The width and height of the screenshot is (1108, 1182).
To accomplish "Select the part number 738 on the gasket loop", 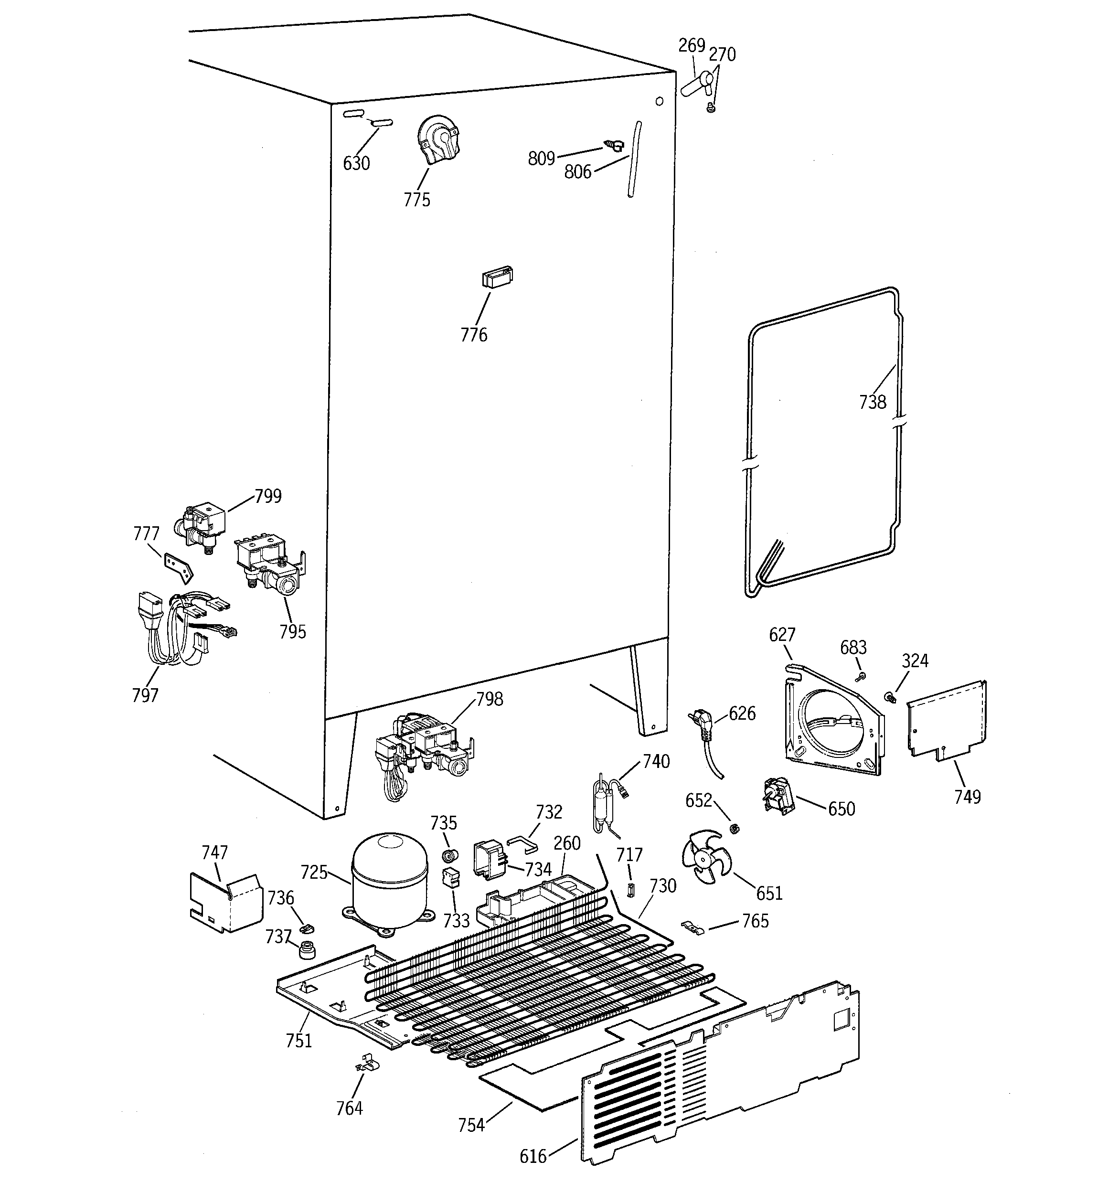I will (x=872, y=403).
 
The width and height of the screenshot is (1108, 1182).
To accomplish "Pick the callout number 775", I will (x=416, y=200).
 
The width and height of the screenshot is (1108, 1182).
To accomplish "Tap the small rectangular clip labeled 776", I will (x=497, y=277).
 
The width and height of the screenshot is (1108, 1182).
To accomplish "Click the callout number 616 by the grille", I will (x=533, y=1156).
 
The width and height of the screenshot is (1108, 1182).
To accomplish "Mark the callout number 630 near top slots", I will (x=356, y=163).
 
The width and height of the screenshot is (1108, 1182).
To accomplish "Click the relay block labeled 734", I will (x=488, y=859).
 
